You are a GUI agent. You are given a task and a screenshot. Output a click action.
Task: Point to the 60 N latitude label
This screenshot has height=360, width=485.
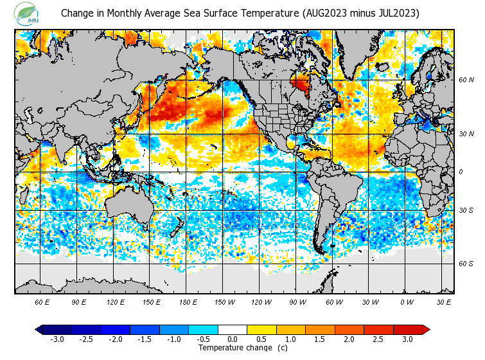tap(466, 80)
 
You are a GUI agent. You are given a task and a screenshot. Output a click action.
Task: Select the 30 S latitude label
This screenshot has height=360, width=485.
tap(466, 211)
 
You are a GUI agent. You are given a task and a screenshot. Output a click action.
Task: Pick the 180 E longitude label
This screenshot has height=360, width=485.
tap(188, 301)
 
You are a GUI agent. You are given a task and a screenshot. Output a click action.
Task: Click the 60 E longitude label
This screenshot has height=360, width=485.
tap(42, 301)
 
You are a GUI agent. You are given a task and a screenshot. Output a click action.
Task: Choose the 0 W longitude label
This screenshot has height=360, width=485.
tap(406, 301)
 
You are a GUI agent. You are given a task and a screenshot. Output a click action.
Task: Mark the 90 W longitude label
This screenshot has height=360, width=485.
tap(297, 301)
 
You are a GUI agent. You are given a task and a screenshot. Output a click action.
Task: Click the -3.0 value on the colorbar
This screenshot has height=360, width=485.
tap(57, 339)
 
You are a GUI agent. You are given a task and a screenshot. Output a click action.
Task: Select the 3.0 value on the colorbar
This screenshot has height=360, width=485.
tap(407, 339)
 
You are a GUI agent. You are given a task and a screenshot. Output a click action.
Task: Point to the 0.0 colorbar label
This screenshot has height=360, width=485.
tap(232, 339)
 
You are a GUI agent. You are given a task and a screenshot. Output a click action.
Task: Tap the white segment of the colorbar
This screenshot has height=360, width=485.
tap(232, 330)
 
